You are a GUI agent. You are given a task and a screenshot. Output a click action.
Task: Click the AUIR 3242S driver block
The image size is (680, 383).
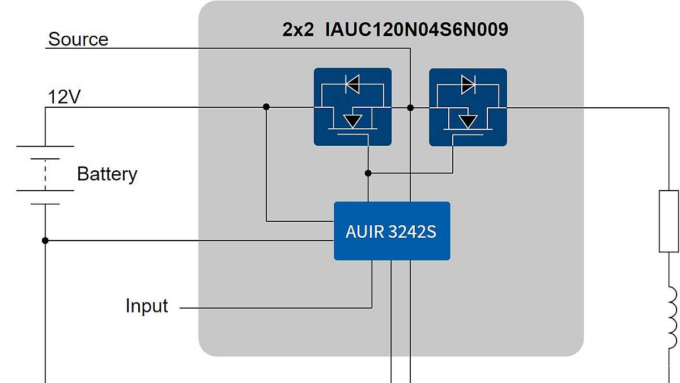(392, 231)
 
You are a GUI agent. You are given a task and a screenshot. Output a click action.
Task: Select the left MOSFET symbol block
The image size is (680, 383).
(352, 107)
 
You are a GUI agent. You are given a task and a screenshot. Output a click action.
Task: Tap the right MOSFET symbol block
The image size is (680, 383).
(467, 107)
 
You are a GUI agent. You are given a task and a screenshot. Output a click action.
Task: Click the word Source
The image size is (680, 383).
(78, 39)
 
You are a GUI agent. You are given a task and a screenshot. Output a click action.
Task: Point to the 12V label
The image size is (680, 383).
(64, 97)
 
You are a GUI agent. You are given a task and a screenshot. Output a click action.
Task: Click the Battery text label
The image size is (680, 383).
(107, 174)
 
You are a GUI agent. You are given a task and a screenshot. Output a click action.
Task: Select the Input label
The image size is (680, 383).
(147, 306)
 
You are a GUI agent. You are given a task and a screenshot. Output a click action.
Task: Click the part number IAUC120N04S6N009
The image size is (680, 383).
(416, 30)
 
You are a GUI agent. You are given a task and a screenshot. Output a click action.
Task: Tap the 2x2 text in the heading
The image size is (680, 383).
(298, 30)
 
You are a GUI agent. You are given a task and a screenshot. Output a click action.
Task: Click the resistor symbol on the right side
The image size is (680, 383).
(669, 221)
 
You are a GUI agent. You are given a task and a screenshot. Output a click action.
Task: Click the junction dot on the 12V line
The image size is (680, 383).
(266, 107)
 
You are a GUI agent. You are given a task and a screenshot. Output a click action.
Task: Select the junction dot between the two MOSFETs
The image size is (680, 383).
(410, 107)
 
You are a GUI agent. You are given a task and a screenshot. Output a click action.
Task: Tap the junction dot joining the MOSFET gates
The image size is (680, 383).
(368, 172)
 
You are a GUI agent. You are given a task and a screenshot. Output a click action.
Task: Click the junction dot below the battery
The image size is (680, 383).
(45, 241)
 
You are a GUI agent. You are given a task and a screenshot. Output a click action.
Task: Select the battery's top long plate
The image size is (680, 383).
(45, 146)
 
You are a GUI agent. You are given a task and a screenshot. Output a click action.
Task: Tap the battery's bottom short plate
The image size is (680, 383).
(45, 204)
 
